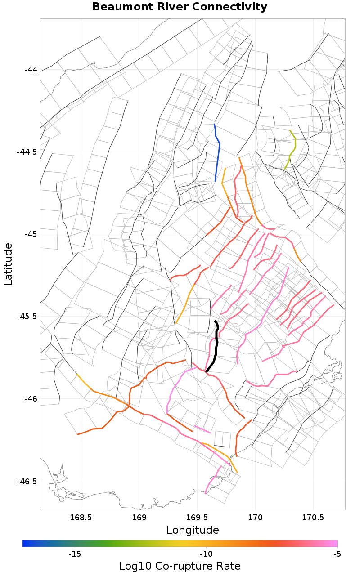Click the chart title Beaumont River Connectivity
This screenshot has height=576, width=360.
(180, 7)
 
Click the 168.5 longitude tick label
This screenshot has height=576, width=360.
(81, 517)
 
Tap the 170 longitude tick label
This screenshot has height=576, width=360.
(255, 517)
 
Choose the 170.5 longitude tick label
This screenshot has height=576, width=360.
(313, 517)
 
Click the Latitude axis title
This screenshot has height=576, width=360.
(8, 264)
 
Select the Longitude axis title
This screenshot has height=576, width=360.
(193, 530)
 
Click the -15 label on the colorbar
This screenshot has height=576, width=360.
(74, 554)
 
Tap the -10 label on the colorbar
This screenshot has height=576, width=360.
(206, 554)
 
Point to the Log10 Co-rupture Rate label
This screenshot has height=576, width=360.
(180, 566)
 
